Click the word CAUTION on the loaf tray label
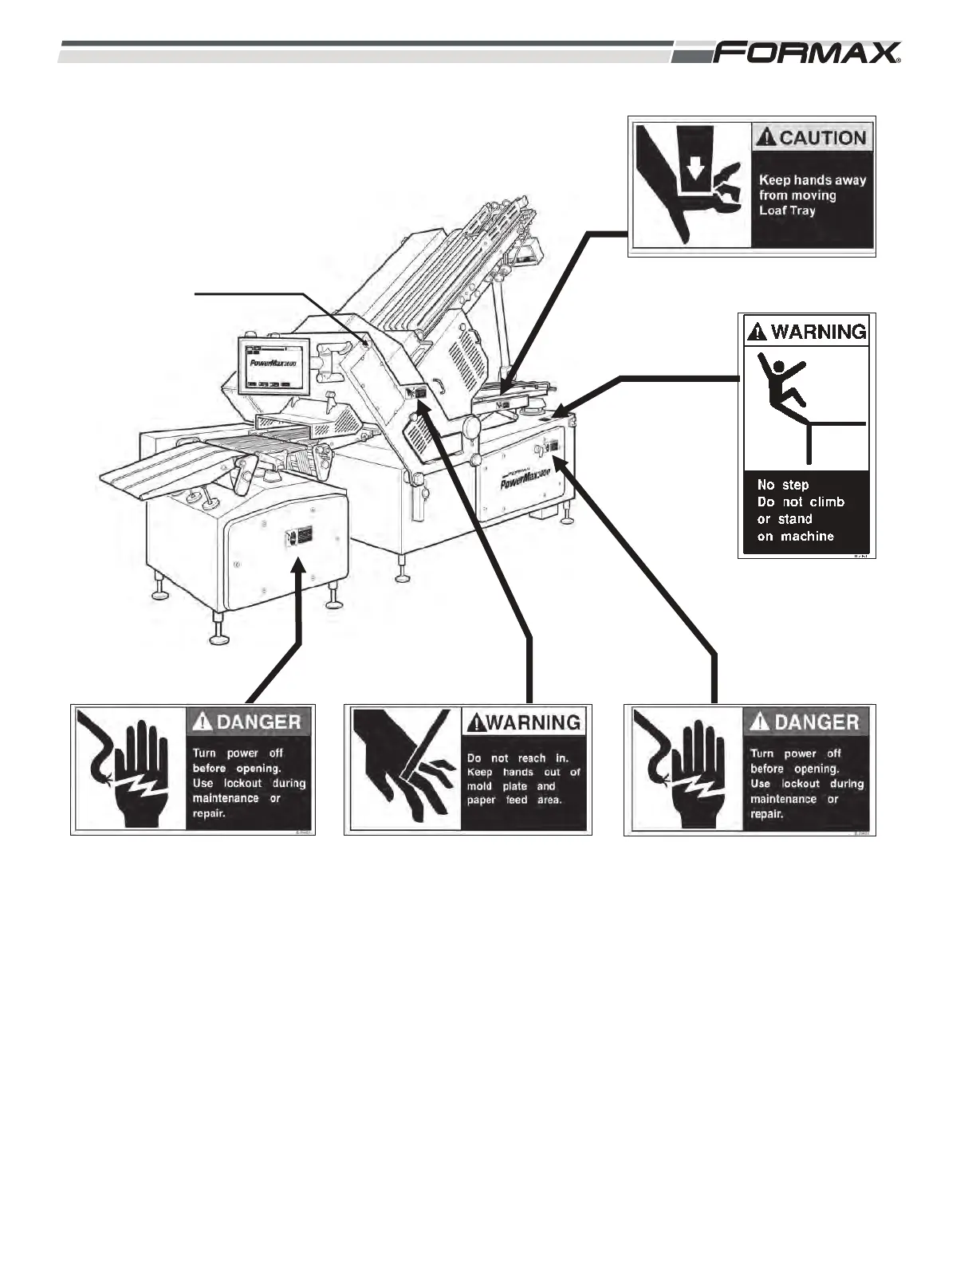822,137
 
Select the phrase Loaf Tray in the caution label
787,210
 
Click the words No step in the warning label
783,485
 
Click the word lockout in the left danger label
242,784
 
